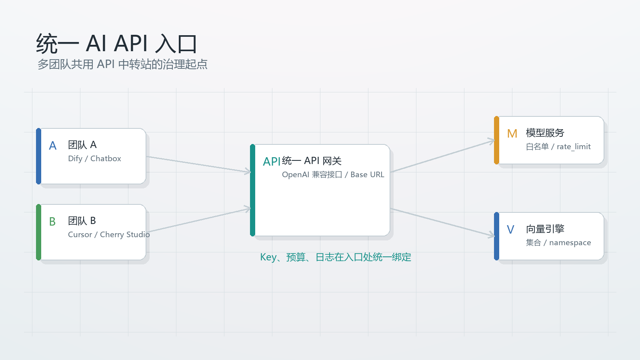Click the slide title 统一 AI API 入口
pos(116,44)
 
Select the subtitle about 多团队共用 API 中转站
pos(122,64)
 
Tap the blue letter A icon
pos(52,146)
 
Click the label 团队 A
pos(82,145)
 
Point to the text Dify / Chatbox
pos(94,158)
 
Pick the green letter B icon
pos(52,222)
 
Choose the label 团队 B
pos(82,221)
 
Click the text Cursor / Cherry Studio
pos(109,234)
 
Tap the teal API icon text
pos(272,162)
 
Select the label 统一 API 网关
pos(312,161)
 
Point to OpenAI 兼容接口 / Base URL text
pos(333,174)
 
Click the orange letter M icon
pos(512,134)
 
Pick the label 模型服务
pos(545,133)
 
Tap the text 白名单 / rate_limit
pos(558,147)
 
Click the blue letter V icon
pos(510,230)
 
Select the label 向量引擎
pos(545,229)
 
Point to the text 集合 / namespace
pos(558,242)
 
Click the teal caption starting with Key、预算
pos(336,257)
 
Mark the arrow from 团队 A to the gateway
pos(198,164)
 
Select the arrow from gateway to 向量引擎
pos(442,222)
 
